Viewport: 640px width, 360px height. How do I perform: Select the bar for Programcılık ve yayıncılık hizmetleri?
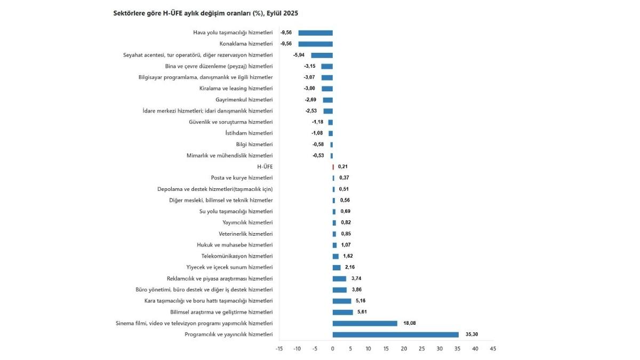click(x=395, y=334)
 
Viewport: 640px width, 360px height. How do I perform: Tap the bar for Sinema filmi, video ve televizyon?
click(x=365, y=323)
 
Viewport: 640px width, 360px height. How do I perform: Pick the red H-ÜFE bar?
click(x=333, y=166)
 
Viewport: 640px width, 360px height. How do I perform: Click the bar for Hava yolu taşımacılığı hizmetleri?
click(x=315, y=33)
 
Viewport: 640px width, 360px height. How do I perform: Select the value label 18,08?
click(x=410, y=323)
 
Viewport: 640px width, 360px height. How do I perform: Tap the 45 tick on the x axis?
click(x=493, y=349)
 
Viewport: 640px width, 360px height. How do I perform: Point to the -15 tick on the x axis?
click(x=279, y=349)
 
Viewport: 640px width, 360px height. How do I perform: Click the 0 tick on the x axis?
click(x=333, y=349)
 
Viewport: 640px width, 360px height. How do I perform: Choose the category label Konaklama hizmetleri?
click(x=246, y=44)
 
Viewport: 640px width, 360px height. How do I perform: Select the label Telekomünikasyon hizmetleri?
click(x=237, y=256)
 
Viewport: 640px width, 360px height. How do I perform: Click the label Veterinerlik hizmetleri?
click(x=245, y=234)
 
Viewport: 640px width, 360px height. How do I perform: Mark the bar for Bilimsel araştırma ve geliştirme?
click(x=342, y=312)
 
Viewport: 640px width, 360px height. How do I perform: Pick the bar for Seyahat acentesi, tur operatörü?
click(x=322, y=55)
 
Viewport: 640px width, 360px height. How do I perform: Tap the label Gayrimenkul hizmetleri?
click(x=244, y=100)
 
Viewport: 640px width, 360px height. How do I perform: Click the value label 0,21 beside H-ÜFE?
click(x=343, y=166)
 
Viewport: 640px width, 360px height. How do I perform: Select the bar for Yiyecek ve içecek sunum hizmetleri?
click(x=337, y=267)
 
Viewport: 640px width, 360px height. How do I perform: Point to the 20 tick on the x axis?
click(x=404, y=349)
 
